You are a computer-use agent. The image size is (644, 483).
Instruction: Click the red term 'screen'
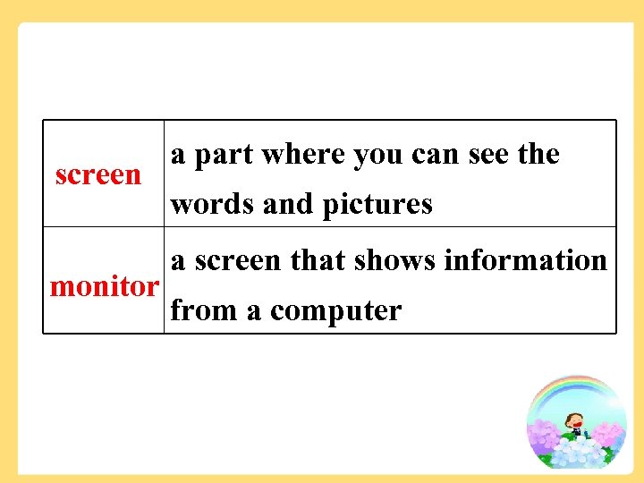pos(97,175)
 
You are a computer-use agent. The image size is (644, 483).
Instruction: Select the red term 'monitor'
pos(104,287)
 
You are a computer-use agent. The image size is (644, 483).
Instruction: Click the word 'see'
pos(488,156)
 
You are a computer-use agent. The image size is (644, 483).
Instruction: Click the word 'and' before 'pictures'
pos(288,205)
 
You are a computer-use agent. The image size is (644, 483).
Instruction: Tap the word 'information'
pos(526,260)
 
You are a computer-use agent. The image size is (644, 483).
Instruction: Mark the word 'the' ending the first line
pos(539,155)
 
